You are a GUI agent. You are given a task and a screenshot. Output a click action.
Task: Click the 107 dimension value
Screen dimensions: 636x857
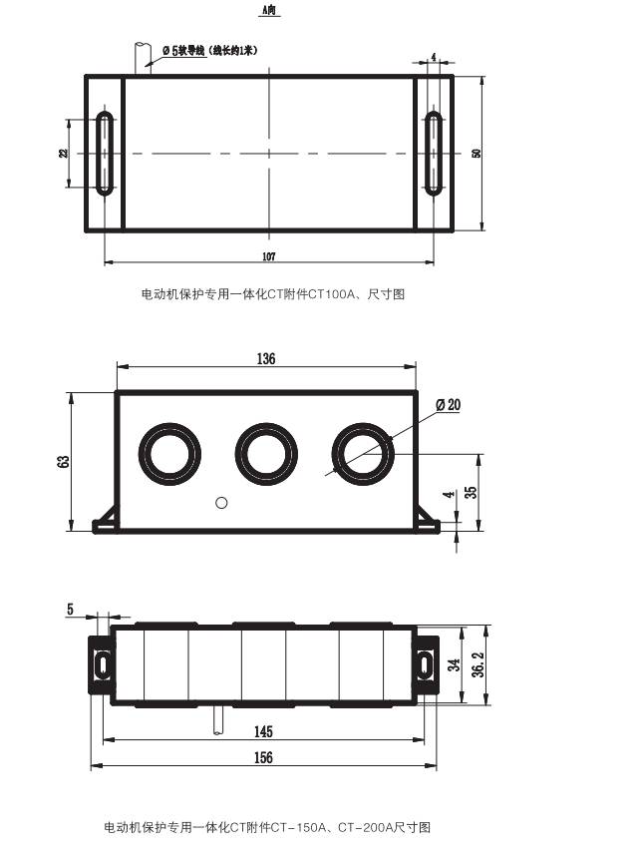coord(269,255)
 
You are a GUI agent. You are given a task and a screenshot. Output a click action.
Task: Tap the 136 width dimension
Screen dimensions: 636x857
coord(266,358)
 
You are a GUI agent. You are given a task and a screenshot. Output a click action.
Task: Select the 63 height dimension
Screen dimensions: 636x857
coord(64,461)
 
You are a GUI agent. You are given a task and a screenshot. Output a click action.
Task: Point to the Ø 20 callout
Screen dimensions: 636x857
coord(449,404)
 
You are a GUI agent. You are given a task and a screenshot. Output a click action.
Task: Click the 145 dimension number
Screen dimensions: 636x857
coord(263,731)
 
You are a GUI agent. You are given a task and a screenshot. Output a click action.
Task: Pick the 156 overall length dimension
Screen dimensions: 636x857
coord(263,757)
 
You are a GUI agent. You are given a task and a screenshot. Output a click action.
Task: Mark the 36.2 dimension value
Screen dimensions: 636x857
coord(478,664)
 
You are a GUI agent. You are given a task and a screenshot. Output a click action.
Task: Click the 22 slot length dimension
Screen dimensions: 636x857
coord(64,153)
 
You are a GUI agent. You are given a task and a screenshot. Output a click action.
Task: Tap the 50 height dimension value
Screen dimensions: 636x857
coord(477,153)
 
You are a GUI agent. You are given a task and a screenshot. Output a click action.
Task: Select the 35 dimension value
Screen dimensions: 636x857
coord(471,492)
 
